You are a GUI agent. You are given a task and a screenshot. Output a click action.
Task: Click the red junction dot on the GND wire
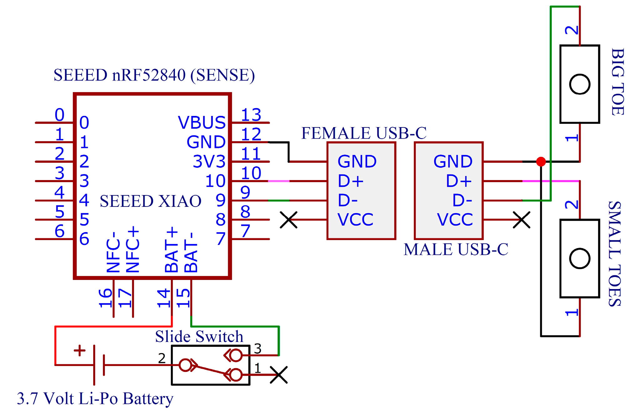point(541,162)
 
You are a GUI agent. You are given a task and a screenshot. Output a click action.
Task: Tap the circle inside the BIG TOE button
point(580,84)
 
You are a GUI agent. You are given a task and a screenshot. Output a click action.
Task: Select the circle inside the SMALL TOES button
point(580,258)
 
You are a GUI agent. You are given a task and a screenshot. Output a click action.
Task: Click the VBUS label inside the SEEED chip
point(201,122)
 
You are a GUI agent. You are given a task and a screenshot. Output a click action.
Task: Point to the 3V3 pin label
point(209,162)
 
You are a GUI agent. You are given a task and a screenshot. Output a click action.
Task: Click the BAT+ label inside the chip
point(171,250)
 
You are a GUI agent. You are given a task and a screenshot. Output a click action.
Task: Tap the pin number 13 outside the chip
point(251,115)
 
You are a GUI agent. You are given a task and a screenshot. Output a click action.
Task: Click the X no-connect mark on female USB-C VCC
point(288,220)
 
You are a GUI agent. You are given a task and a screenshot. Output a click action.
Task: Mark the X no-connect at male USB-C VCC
point(522,220)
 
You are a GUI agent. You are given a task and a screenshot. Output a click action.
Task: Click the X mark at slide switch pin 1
point(278,375)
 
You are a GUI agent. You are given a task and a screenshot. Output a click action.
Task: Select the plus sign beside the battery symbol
point(79,350)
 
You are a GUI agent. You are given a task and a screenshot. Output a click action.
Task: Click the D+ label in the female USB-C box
point(351,181)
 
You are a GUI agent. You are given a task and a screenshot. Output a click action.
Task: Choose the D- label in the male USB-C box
point(462,200)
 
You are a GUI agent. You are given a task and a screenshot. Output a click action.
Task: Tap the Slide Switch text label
point(199,337)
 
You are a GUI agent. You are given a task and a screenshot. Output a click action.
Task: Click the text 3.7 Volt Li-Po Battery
point(95,399)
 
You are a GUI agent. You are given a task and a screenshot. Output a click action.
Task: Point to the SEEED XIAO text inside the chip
point(150,201)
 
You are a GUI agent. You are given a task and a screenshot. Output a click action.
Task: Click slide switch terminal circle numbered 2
point(186,365)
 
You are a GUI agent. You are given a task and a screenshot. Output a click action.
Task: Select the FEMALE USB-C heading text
point(364,133)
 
